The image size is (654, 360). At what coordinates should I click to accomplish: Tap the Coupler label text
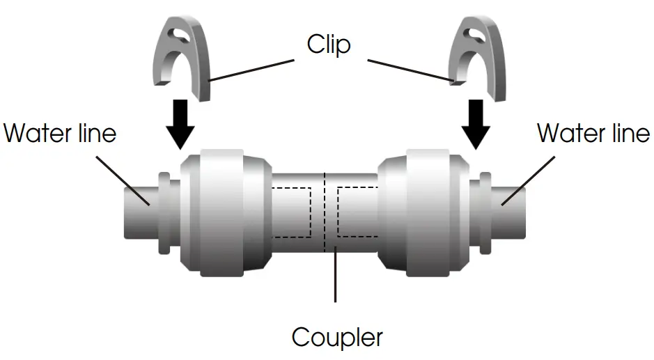click(337, 338)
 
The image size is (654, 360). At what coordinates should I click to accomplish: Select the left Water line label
click(60, 132)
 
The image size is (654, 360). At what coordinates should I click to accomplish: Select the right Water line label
click(593, 132)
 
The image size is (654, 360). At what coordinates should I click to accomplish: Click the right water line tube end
click(512, 212)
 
